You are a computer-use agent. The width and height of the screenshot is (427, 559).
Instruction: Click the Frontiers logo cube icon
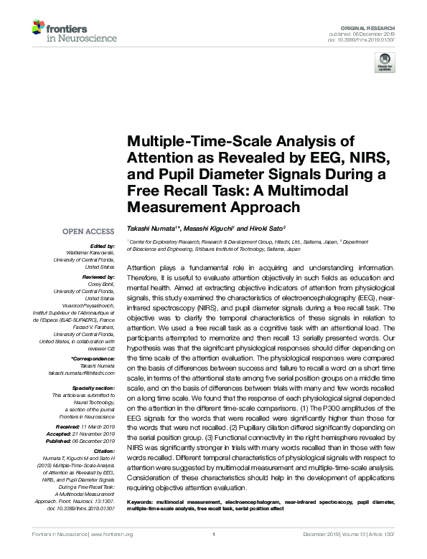38,29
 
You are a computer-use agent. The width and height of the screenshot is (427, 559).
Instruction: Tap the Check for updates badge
385,62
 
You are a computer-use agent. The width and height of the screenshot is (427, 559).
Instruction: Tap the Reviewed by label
97,276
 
